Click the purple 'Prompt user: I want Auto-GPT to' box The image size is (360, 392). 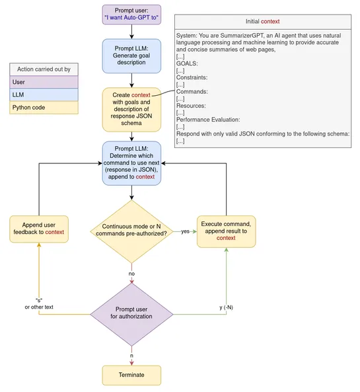(x=131, y=15)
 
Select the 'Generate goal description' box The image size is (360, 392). (x=131, y=56)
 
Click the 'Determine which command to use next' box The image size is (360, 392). (x=131, y=163)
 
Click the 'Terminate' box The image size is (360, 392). (x=131, y=375)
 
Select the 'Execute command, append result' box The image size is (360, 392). (x=225, y=231)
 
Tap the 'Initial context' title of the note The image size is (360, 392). (x=266, y=22)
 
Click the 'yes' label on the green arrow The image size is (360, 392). (x=185, y=231)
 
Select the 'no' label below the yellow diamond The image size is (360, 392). (x=131, y=272)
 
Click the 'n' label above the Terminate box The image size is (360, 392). (x=131, y=355)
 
